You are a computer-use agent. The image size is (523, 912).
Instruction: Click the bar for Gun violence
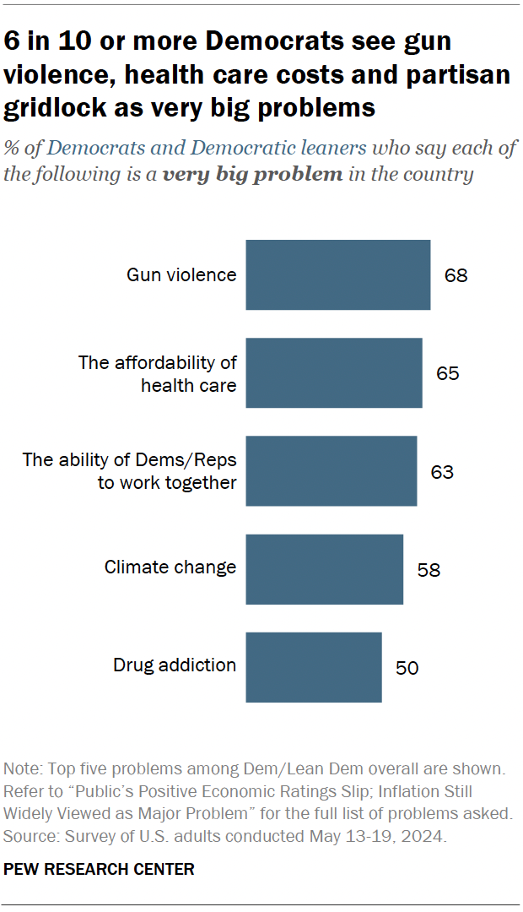(x=337, y=274)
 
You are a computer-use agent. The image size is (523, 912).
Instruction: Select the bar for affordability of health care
(x=333, y=372)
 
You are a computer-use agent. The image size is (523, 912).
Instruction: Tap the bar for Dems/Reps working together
(x=331, y=470)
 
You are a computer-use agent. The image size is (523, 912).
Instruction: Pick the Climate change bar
(x=324, y=568)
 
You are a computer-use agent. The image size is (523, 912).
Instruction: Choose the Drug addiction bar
(x=313, y=667)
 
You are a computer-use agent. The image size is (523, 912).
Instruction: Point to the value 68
(x=456, y=275)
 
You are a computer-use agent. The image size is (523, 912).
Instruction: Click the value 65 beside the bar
(x=447, y=373)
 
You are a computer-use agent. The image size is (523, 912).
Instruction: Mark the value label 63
(x=442, y=471)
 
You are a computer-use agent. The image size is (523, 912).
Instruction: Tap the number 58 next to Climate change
(x=429, y=569)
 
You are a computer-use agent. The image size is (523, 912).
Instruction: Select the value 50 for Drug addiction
(x=407, y=668)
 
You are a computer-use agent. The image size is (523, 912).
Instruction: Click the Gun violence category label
(x=181, y=275)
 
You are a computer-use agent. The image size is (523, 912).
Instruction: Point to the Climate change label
(x=170, y=567)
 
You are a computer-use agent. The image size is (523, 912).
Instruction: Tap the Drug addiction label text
(x=175, y=665)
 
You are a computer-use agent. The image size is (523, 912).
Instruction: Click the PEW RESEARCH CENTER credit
(x=100, y=869)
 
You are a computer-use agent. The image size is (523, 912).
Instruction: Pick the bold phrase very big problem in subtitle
(x=253, y=176)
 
